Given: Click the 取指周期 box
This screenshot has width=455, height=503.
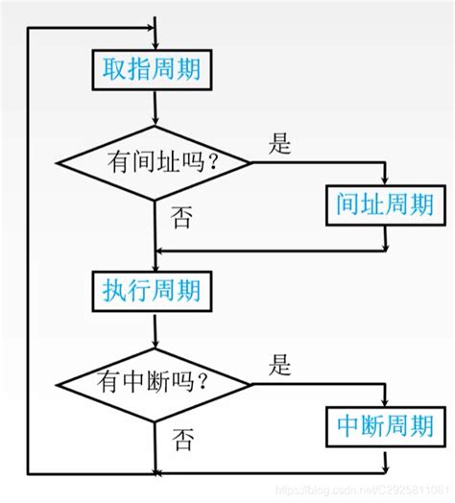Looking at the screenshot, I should [x=154, y=69].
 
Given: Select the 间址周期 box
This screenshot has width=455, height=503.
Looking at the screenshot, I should [x=385, y=204].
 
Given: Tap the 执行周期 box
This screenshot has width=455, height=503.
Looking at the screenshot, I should [x=154, y=289].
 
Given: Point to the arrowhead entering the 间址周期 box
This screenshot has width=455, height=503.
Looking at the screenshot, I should [x=385, y=180].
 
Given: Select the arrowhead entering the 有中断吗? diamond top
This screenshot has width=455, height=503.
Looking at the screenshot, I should [x=154, y=340].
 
